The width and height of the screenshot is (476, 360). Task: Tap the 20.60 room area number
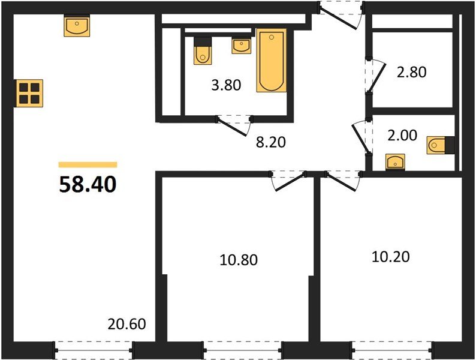127,325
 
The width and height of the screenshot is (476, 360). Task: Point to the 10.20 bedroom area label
391,257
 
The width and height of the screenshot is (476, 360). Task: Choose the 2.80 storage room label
411,73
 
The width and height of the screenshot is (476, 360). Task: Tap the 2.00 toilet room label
402,135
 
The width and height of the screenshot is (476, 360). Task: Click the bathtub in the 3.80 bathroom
271,61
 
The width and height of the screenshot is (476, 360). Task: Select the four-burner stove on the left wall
28,93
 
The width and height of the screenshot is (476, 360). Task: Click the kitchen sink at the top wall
76,27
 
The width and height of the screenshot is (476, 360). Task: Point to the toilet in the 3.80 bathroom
202,52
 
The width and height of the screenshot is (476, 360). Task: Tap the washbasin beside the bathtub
241,46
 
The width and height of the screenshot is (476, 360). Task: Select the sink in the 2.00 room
395,162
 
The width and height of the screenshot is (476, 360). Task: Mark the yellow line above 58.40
88,164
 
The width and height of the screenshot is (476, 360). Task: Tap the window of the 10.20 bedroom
391,347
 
